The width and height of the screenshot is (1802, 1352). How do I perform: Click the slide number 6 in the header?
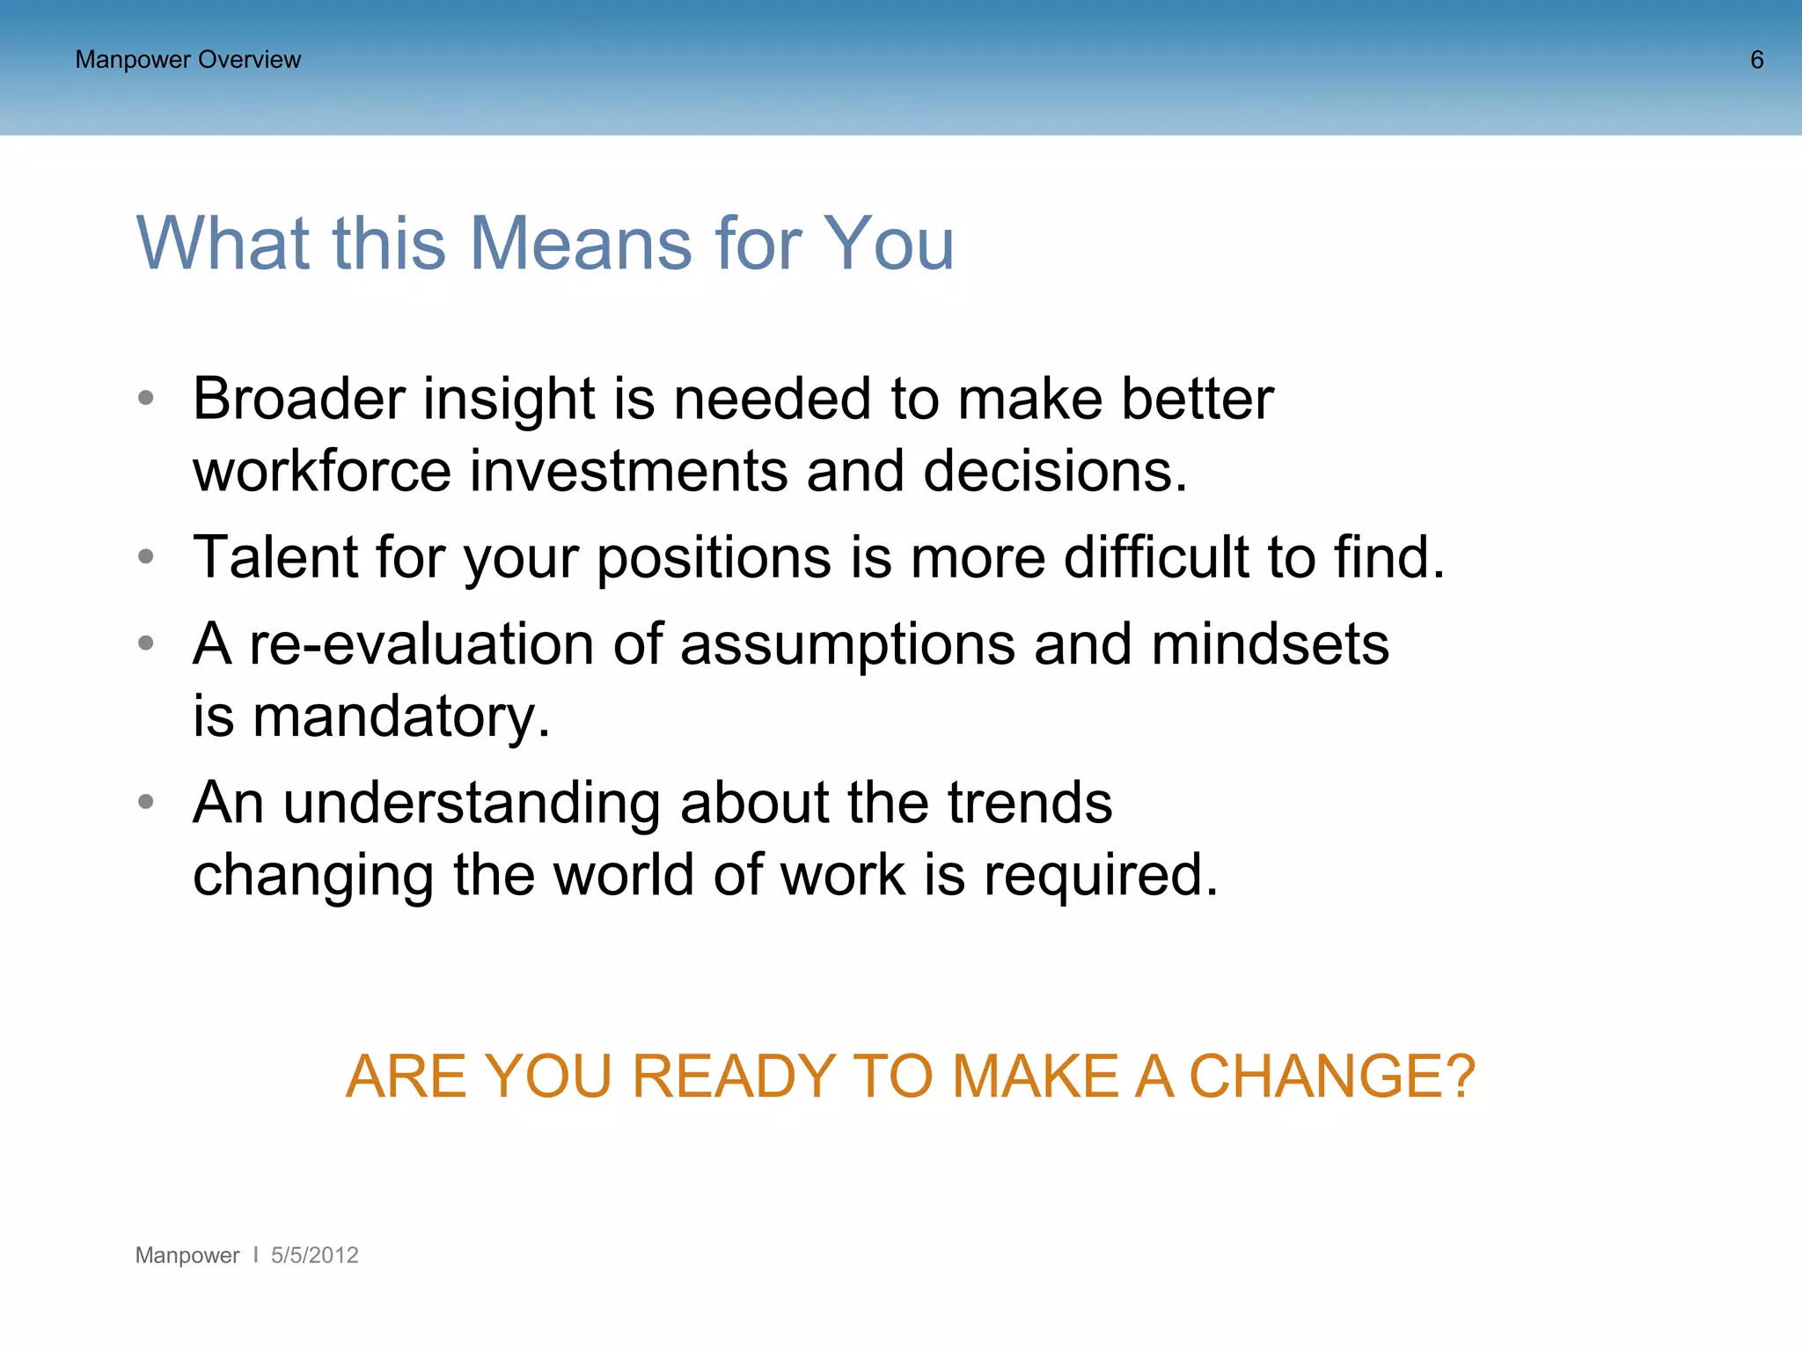click(x=1756, y=60)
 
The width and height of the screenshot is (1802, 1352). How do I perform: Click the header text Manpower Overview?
click(x=187, y=60)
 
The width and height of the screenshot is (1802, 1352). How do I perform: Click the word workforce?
click(x=321, y=471)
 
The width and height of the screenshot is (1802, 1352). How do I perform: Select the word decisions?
click(x=1055, y=471)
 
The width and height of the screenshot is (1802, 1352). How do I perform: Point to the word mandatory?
click(x=400, y=717)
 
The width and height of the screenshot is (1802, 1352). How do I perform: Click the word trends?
click(x=1029, y=803)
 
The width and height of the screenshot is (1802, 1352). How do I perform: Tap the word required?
click(x=1101, y=876)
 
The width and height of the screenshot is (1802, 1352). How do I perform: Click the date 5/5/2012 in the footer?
click(x=314, y=1255)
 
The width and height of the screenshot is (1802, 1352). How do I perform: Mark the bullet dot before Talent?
click(x=146, y=556)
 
